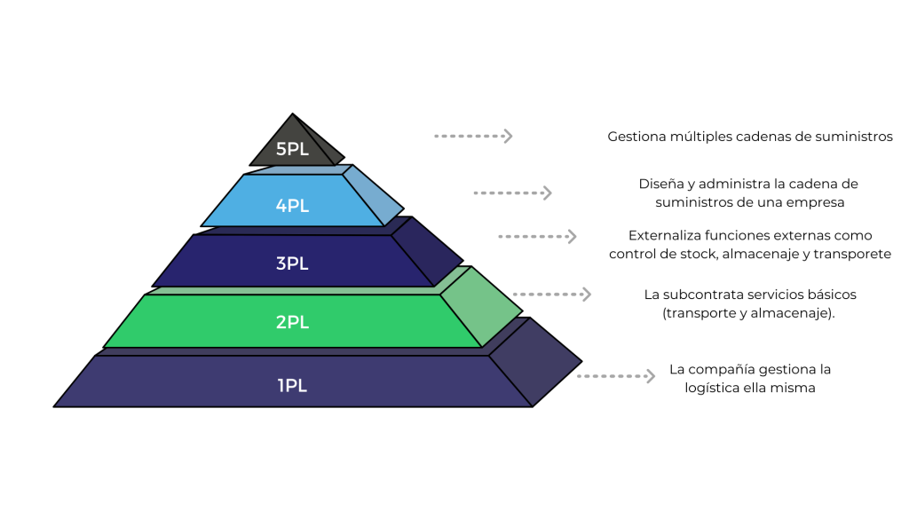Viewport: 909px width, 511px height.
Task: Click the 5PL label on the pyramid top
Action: pos(292,149)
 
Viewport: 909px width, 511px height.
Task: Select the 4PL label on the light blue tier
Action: pos(292,206)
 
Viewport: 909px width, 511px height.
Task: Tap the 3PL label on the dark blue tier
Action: pos(292,263)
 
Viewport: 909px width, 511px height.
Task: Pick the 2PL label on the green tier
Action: pos(292,322)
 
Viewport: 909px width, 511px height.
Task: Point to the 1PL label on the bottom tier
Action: pos(292,386)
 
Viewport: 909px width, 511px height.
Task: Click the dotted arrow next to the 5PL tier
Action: pos(473,136)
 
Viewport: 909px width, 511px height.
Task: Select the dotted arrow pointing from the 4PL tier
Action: pos(512,193)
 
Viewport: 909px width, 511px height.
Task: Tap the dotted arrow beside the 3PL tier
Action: pos(537,236)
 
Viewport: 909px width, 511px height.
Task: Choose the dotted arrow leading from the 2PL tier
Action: pos(551,294)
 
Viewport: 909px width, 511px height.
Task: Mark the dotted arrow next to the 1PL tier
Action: pos(615,376)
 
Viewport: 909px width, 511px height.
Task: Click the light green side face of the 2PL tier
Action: pos(480,307)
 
